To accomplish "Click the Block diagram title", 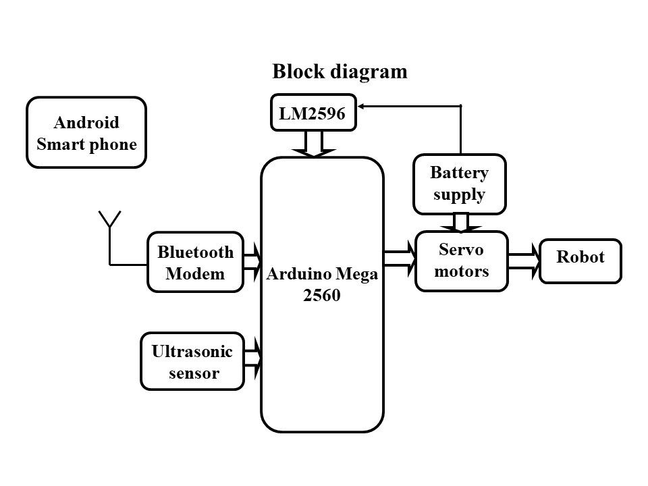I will coord(340,72).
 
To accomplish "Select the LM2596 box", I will coord(313,113).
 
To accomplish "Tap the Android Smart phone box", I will coord(86,133).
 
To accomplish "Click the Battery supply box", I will coord(459,184).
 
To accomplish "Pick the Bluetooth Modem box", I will coord(195,263).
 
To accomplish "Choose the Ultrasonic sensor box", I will coord(192,362).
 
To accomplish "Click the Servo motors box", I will coord(462,261).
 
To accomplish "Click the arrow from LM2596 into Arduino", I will coord(313,144).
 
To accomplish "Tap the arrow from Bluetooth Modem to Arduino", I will coord(252,262).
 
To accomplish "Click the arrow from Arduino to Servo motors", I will coord(400,260).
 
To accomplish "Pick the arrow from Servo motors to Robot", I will coord(524,261).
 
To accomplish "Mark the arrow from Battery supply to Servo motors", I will coord(460,222).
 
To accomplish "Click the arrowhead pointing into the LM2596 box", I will coord(361,106).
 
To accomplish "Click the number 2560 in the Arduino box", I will coord(322,296).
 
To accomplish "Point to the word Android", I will coord(86,123).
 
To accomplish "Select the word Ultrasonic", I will coord(192,352).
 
